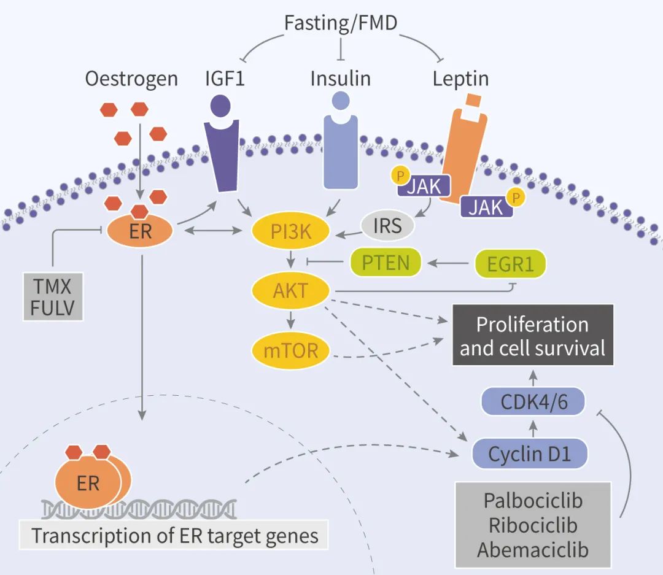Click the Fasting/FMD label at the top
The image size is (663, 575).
[x=340, y=23]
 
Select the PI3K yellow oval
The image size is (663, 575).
[x=292, y=231]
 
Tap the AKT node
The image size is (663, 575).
[x=291, y=290]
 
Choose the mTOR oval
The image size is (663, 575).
[x=291, y=350]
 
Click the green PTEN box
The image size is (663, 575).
[x=386, y=263]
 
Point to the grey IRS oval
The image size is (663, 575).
[x=387, y=225]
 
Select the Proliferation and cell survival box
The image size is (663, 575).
[x=532, y=335]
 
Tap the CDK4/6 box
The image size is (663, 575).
[x=532, y=403]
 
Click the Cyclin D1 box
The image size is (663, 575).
[x=530, y=454]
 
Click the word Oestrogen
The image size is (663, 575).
[x=132, y=79]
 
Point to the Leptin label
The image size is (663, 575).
[x=460, y=79]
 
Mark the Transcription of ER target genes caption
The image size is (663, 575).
[x=175, y=535]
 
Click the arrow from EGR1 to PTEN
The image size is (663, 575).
[x=450, y=263]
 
